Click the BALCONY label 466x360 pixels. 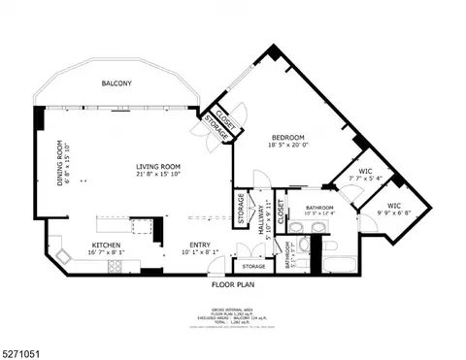(117, 83)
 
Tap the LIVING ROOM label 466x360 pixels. (158, 166)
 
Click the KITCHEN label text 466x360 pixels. (106, 245)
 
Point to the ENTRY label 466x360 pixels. (200, 245)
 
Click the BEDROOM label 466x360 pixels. (287, 137)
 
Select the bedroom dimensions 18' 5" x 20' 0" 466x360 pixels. (287, 146)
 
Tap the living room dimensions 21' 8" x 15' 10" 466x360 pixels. (158, 175)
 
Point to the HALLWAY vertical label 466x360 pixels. (261, 225)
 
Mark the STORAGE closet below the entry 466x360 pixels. (253, 266)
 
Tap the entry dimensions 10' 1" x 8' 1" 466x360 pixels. (200, 253)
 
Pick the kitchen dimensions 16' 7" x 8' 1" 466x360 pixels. (106, 253)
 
